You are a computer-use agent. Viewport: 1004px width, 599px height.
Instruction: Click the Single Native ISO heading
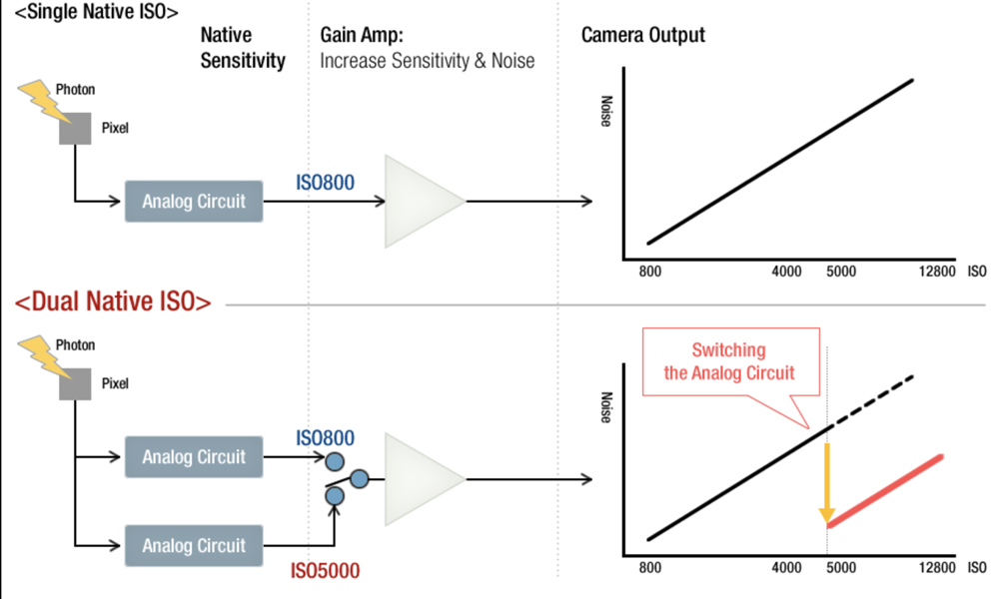(x=91, y=13)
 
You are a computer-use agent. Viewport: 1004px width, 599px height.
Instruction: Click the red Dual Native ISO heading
(x=112, y=301)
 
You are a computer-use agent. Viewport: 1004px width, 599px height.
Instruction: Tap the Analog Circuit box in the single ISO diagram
(x=194, y=201)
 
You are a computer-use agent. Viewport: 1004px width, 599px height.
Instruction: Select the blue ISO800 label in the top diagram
(x=325, y=184)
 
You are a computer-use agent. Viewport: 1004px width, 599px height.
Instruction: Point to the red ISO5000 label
(x=325, y=571)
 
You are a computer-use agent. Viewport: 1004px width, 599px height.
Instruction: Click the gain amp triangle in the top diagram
(x=421, y=201)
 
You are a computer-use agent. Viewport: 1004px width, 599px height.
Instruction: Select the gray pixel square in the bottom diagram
(x=73, y=384)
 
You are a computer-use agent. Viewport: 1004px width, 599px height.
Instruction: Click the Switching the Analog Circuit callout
(x=728, y=361)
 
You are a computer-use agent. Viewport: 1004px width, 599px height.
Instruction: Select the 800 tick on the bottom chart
(x=649, y=568)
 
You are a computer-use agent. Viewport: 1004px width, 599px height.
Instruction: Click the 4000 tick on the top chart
(x=787, y=271)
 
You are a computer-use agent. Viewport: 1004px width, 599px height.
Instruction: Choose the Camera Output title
(x=642, y=35)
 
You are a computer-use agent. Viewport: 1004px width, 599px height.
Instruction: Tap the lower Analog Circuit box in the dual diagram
(x=194, y=546)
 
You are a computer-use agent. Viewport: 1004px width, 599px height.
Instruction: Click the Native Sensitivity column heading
(x=242, y=47)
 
